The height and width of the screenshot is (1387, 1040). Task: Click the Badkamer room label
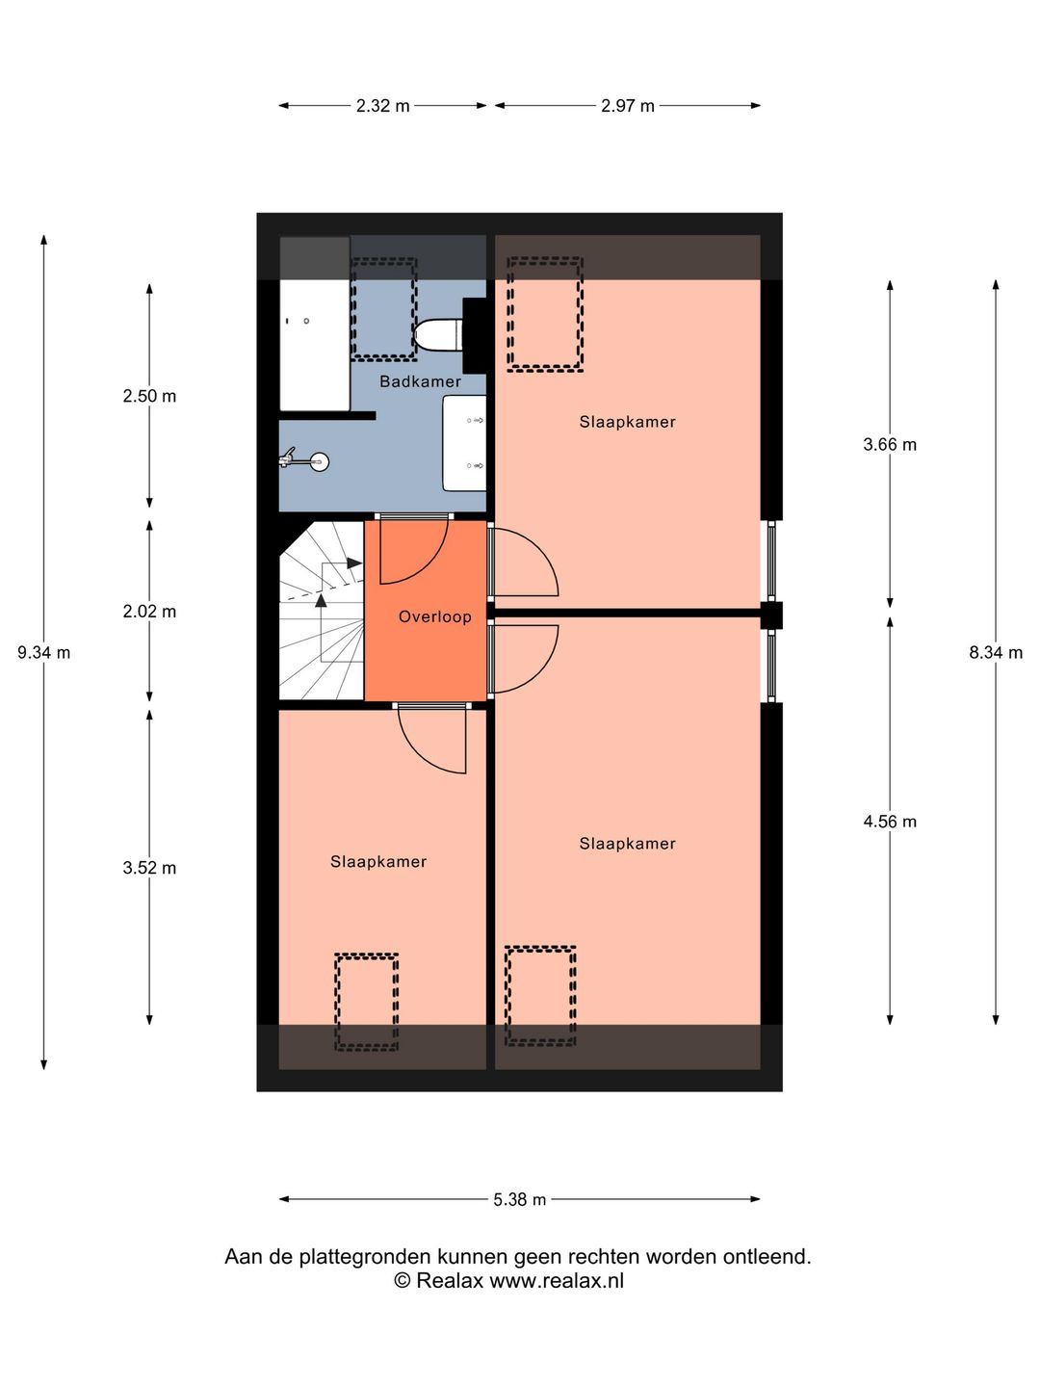pyautogui.click(x=420, y=381)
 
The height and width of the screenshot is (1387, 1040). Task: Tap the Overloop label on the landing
pyautogui.click(x=435, y=616)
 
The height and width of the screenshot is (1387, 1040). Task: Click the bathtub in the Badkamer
pyautogui.click(x=314, y=345)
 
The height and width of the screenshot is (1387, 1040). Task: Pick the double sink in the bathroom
pyautogui.click(x=464, y=443)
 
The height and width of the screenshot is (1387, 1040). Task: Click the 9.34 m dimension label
pyautogui.click(x=44, y=652)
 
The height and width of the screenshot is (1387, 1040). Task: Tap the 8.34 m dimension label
pyautogui.click(x=996, y=652)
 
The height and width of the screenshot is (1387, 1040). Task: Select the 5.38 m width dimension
pyautogui.click(x=520, y=1199)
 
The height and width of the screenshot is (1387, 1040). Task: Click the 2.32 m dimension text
pyautogui.click(x=383, y=106)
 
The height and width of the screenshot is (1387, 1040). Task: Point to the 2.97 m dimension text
pyautogui.click(x=628, y=106)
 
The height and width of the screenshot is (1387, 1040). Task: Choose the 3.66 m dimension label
pyautogui.click(x=890, y=444)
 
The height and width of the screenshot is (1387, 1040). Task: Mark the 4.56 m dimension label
pyautogui.click(x=890, y=822)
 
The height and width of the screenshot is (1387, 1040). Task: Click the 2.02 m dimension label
pyautogui.click(x=149, y=611)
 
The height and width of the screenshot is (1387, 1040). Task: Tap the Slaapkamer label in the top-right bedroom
pyautogui.click(x=627, y=422)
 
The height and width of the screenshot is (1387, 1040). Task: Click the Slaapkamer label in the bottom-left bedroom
pyautogui.click(x=378, y=862)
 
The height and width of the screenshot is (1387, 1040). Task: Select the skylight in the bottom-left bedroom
pyautogui.click(x=366, y=1001)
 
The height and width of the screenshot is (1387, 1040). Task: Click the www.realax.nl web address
pyautogui.click(x=557, y=1281)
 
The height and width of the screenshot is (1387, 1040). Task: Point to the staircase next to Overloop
pyautogui.click(x=321, y=611)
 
